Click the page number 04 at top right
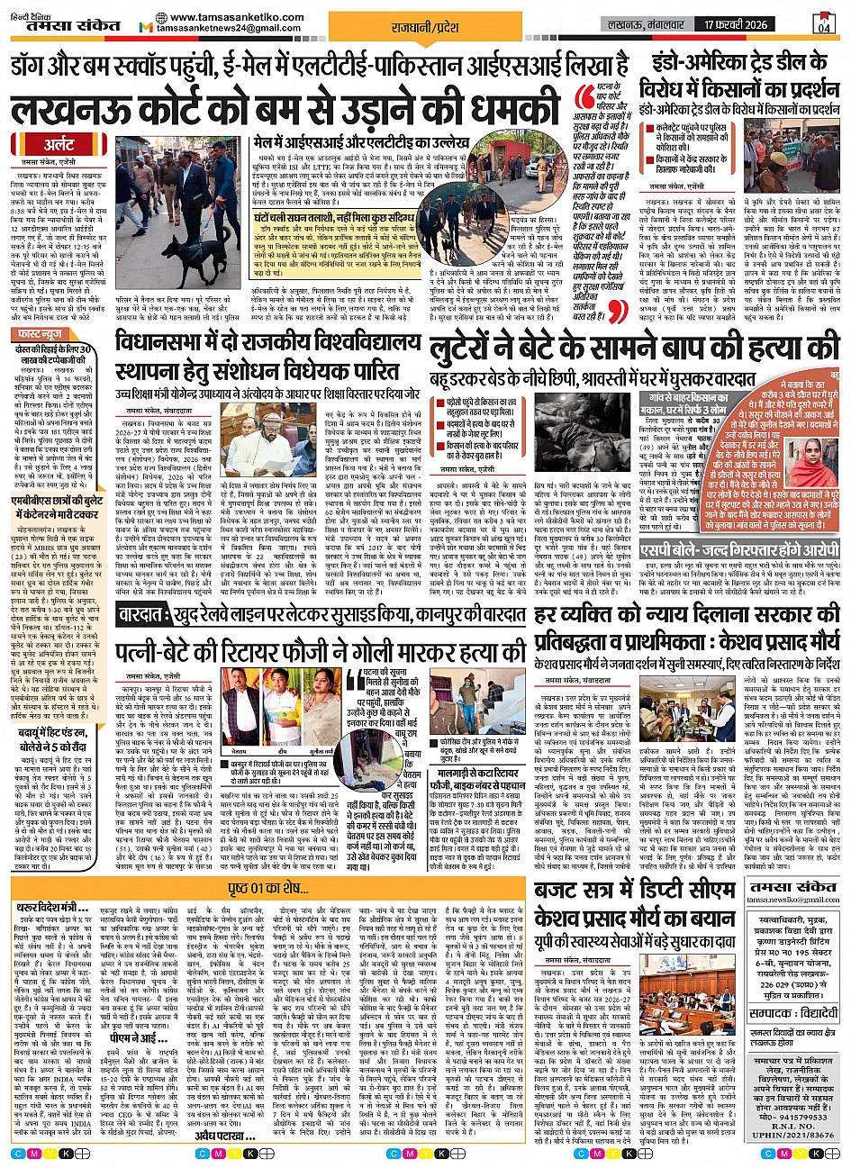pos(824,26)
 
